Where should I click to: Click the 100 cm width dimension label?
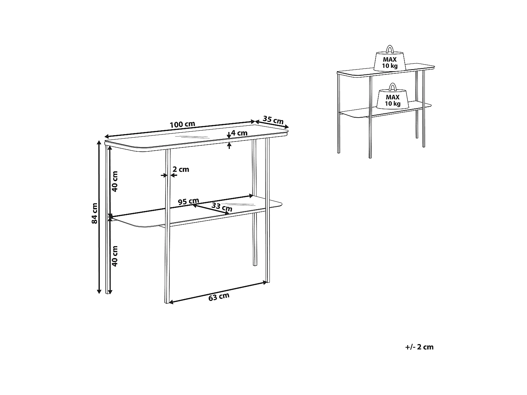(x=182, y=124)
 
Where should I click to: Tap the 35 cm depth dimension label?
(x=273, y=119)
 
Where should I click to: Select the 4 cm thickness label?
(x=239, y=133)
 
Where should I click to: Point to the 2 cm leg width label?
(x=181, y=169)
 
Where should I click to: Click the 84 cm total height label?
(x=95, y=213)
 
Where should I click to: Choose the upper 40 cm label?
(x=115, y=181)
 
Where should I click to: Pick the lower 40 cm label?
(x=115, y=256)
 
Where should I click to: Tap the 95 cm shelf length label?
(x=188, y=201)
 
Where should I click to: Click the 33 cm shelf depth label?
(x=222, y=207)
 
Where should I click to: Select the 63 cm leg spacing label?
(x=219, y=297)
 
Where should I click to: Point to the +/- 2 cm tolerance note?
(x=419, y=347)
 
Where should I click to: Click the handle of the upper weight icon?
(x=390, y=49)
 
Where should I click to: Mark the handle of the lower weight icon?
(x=392, y=87)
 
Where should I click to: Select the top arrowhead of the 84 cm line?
(x=99, y=143)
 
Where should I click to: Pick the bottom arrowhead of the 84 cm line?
(x=99, y=291)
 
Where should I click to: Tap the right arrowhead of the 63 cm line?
(x=265, y=283)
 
